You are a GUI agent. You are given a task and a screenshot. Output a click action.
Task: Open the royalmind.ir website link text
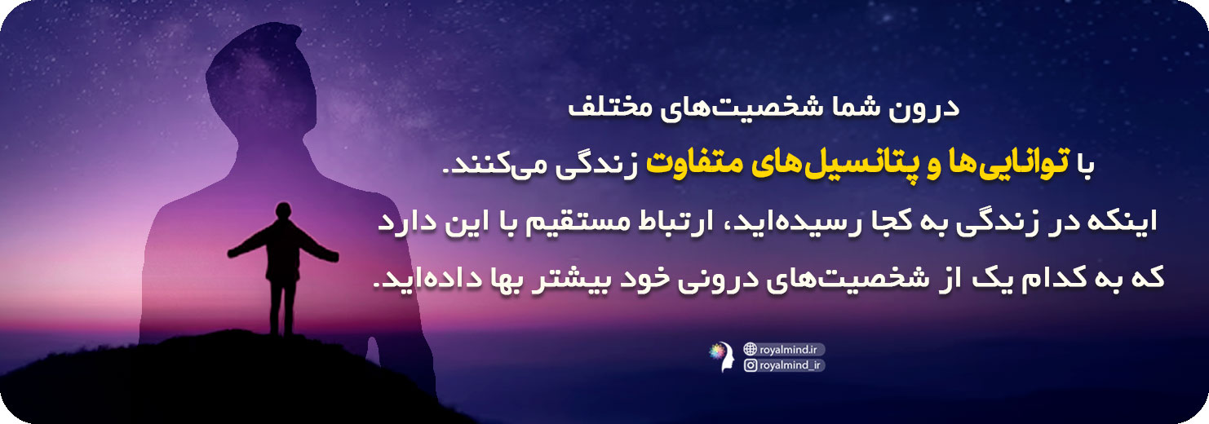pos(788,350)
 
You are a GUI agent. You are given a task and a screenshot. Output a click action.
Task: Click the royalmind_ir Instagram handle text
pos(790,365)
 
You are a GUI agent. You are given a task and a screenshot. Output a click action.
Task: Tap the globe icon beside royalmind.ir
pos(750,349)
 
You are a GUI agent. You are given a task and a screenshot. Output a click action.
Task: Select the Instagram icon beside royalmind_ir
pos(750,365)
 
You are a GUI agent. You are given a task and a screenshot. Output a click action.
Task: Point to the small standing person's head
pos(283,210)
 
